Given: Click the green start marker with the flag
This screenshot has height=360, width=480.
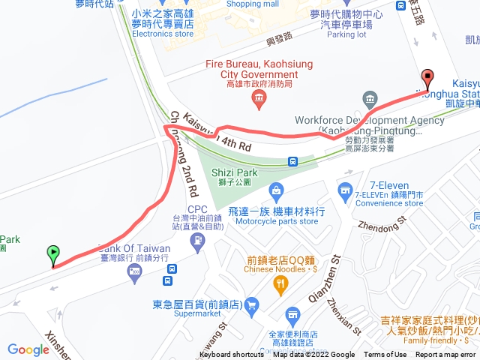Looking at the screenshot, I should click(x=53, y=254).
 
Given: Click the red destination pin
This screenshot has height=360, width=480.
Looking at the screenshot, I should click(x=427, y=77).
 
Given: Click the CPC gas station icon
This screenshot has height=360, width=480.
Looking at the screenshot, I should click(x=197, y=240).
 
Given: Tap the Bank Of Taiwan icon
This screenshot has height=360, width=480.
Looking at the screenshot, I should click(x=134, y=274).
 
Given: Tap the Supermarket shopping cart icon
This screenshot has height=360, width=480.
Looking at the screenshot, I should click(x=251, y=304).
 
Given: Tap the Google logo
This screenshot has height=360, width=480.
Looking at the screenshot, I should click(x=28, y=349).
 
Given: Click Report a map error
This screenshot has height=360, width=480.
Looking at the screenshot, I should click(x=446, y=355).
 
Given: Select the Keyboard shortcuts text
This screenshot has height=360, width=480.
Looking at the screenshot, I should click(x=232, y=355).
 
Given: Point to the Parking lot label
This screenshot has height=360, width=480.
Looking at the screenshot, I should click(x=346, y=34).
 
